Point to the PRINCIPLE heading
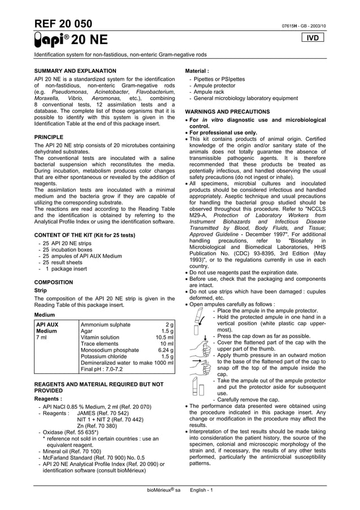(49, 137)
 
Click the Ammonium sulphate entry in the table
(106, 325)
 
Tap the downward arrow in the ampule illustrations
(205, 339)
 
